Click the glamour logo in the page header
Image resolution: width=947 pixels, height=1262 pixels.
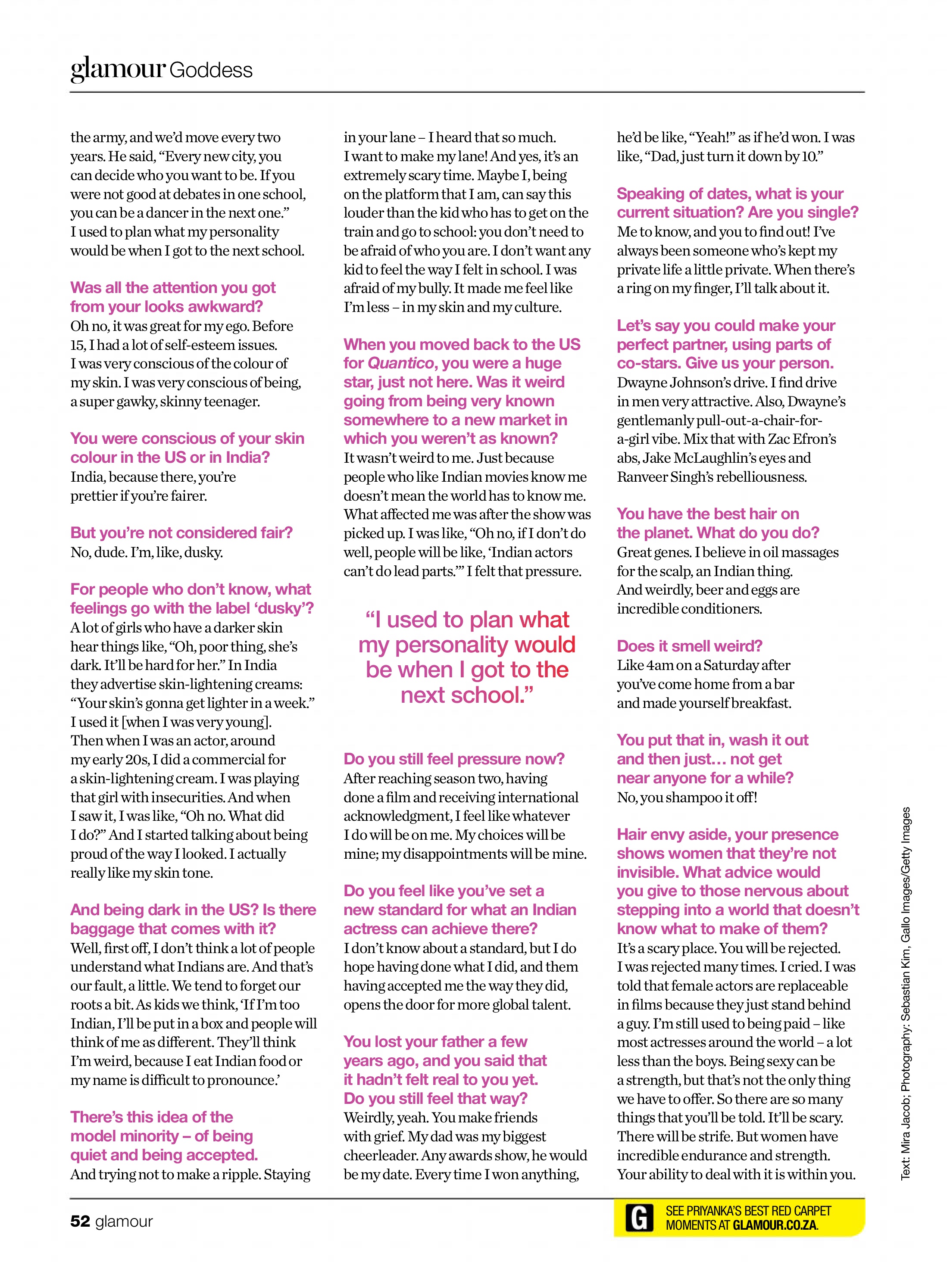click(118, 69)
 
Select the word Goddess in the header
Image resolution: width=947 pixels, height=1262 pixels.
click(211, 70)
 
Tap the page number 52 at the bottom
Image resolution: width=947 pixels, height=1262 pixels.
click(80, 1221)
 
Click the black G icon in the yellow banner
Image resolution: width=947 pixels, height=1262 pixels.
click(639, 1218)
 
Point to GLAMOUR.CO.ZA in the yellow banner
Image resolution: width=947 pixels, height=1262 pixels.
click(775, 1225)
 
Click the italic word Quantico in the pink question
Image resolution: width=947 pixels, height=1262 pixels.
click(401, 363)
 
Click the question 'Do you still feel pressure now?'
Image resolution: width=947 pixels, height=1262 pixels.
click(454, 759)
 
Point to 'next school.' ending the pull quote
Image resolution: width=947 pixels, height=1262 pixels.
click(466, 695)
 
